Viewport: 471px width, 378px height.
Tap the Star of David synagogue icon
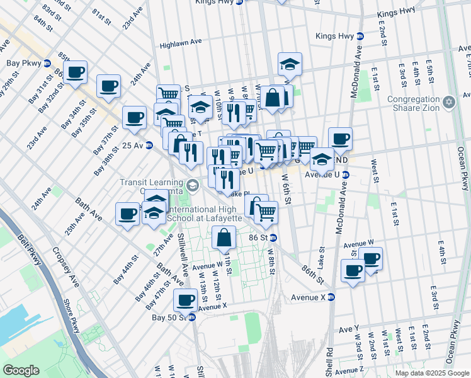click(x=449, y=101)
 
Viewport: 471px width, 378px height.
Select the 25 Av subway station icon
click(x=149, y=145)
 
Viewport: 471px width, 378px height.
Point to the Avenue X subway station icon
click(x=331, y=297)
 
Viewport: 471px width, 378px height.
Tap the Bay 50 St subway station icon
click(x=192, y=317)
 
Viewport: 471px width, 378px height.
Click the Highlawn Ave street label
click(x=180, y=43)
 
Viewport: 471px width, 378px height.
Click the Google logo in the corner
click(x=21, y=370)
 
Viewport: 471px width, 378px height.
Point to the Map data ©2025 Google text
click(x=431, y=373)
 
